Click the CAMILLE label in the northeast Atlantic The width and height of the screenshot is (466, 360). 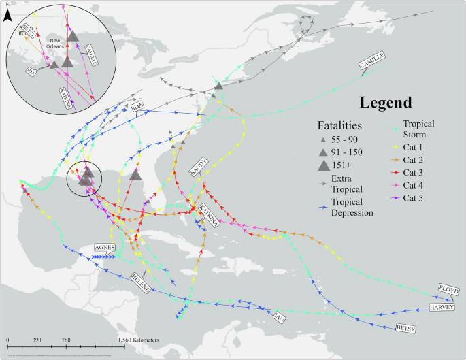(372, 61)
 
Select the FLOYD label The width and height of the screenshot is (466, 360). (448, 289)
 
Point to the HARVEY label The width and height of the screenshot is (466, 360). (442, 308)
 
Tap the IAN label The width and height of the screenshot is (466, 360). (276, 316)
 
